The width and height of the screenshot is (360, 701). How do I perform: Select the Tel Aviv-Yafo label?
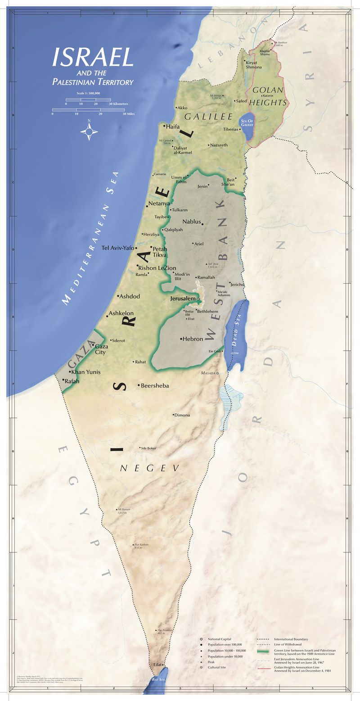point(118,248)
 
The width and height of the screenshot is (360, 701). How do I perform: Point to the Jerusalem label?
point(183,298)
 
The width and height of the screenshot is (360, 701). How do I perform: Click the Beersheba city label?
point(155,385)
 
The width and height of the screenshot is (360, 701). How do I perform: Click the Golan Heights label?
point(269,96)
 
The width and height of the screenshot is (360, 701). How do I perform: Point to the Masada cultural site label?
point(208,373)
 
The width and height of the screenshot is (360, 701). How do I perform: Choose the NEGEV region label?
point(150,469)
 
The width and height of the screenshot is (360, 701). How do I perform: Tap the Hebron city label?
point(193,339)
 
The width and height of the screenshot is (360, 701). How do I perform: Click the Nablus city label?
point(192,222)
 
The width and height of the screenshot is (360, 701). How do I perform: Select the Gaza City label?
point(100,349)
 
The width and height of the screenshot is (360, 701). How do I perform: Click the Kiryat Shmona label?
point(253,64)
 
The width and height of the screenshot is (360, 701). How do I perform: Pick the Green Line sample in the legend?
point(265,651)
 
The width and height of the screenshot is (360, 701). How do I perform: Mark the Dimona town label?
point(182,415)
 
